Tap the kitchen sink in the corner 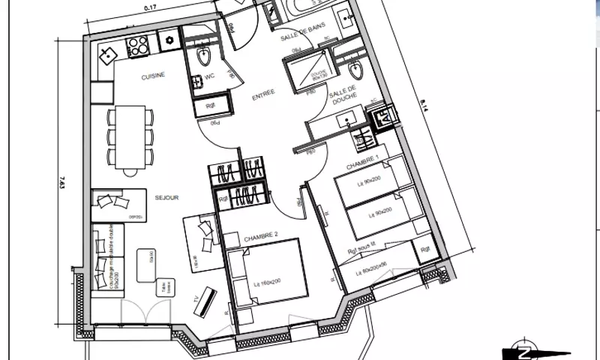[109, 55]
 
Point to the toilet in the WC [203, 58]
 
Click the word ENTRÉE [263, 92]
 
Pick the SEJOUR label [166, 198]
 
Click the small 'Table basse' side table [160, 288]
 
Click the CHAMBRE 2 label [261, 237]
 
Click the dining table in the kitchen [130, 136]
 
